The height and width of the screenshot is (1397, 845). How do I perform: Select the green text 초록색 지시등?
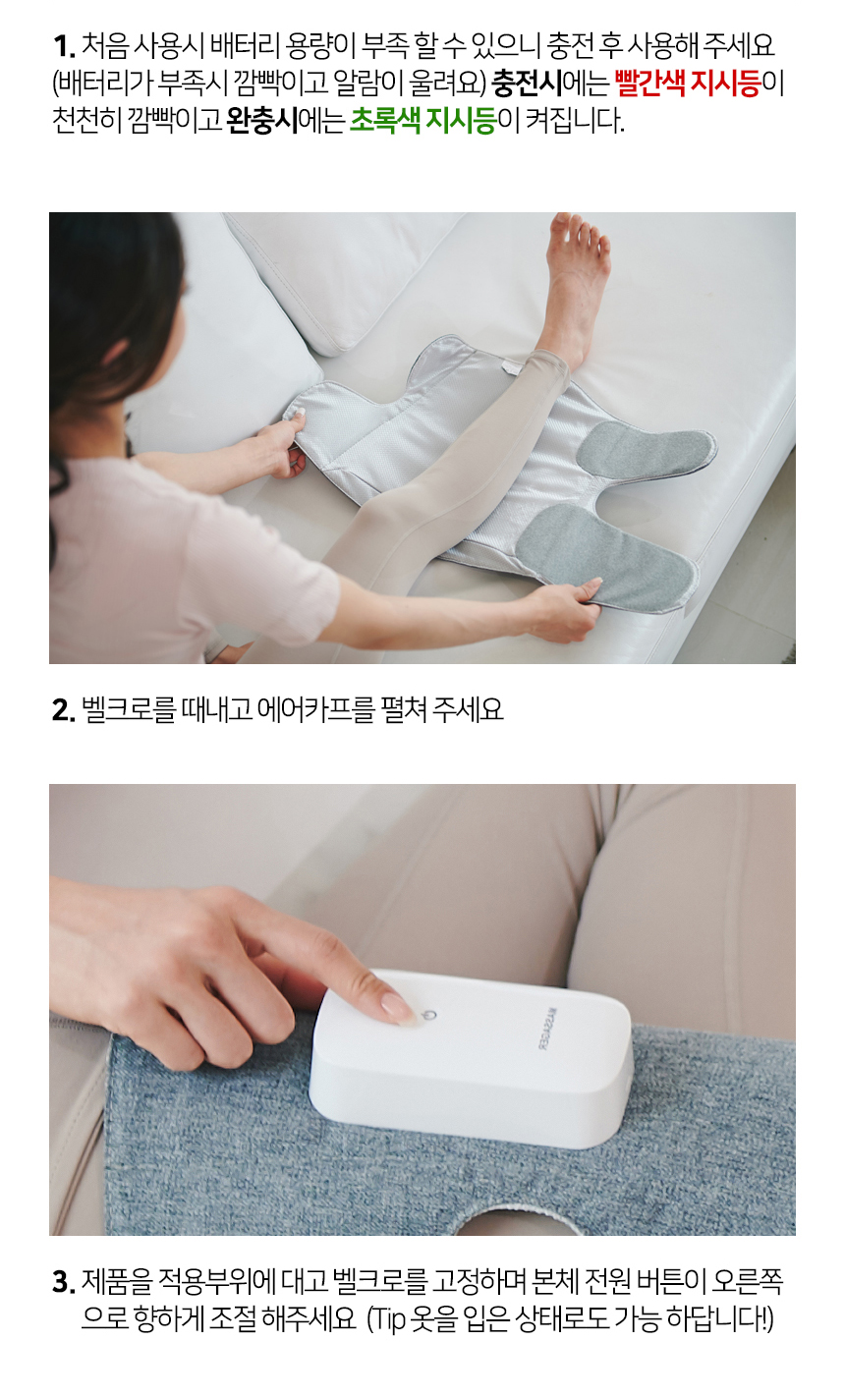[x=422, y=121]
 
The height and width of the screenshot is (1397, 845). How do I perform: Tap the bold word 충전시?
[x=527, y=84]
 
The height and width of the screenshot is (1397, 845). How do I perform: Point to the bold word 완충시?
[x=261, y=121]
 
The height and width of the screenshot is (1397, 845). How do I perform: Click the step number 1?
[x=64, y=46]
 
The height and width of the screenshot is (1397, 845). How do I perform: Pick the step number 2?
[x=64, y=710]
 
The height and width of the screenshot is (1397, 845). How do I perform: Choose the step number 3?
[x=64, y=1282]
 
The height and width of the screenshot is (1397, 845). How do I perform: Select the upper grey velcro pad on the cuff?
[x=645, y=447]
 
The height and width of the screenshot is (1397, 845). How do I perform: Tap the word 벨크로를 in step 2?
[x=129, y=709]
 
